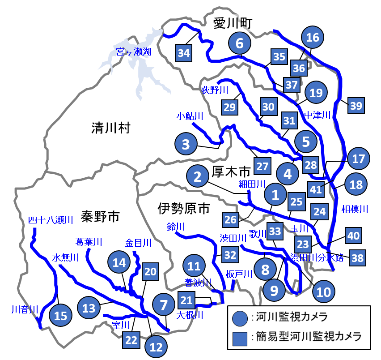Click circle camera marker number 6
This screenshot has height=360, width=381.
pos(240,43)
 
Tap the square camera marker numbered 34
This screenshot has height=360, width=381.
pos(184,53)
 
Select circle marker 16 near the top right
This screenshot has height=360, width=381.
pos(313,37)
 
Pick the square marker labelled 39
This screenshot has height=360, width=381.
pos(356,106)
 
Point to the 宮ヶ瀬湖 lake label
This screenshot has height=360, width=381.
pos(133,52)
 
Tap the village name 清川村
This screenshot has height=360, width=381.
pos(110,129)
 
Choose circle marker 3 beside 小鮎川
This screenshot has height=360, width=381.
pos(186,144)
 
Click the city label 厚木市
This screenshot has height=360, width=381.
pos(231,171)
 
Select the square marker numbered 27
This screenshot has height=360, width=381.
pos(262,166)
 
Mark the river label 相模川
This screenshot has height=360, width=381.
pos(354,209)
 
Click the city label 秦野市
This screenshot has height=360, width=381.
pos(100,217)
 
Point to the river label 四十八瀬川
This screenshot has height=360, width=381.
pos(50,220)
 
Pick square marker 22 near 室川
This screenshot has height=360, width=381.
pos(131,340)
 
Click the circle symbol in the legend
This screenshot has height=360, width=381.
pos(241,318)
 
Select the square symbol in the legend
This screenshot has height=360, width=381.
pos(241,337)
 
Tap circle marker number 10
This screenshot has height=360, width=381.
pos(323,292)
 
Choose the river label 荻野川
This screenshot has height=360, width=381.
pos(215,90)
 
